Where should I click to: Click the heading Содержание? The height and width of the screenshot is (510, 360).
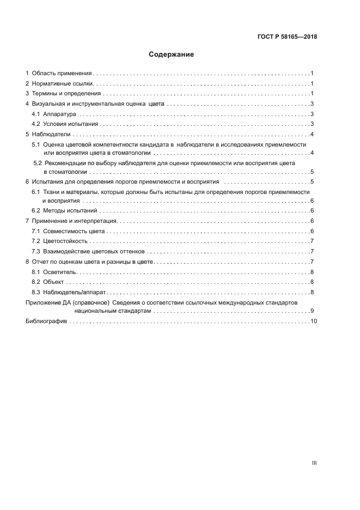[x=172, y=54]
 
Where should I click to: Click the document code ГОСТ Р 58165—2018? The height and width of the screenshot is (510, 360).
[x=286, y=37]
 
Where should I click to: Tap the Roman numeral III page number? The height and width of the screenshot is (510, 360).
[x=314, y=463]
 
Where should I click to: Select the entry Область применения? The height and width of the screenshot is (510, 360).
[x=62, y=73]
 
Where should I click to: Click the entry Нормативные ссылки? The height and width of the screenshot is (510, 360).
[x=63, y=83]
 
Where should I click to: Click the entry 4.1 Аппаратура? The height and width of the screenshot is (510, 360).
[x=54, y=114]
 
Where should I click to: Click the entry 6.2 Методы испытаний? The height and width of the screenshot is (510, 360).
[x=64, y=211]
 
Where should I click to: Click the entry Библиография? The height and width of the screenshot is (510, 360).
[x=46, y=321]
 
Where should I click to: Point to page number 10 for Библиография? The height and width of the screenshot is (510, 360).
[x=313, y=321]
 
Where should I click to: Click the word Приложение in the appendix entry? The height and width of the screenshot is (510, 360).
[x=43, y=302]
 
